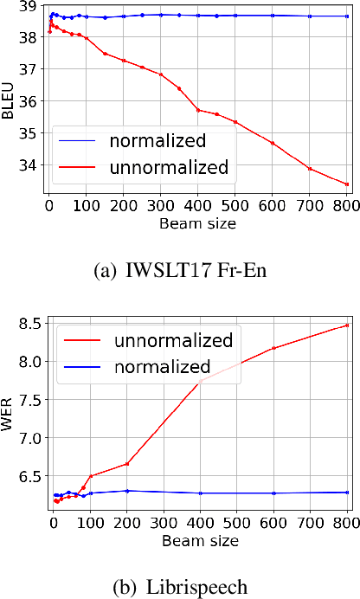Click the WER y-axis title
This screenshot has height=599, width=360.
click(x=10, y=418)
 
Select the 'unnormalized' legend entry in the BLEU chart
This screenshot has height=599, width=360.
click(x=170, y=167)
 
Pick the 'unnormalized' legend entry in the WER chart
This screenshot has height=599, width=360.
click(x=174, y=339)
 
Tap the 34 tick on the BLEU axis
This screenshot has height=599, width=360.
click(x=29, y=164)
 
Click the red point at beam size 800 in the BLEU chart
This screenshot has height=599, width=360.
click(x=347, y=184)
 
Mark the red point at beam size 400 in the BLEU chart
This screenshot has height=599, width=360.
click(x=198, y=110)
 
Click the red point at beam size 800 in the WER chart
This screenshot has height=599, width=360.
click(x=347, y=325)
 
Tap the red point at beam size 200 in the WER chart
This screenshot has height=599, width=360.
click(x=127, y=464)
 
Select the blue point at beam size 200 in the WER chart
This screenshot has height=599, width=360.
click(x=127, y=491)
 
